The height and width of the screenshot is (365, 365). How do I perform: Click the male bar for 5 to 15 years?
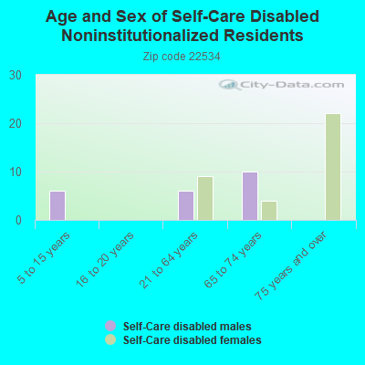57,205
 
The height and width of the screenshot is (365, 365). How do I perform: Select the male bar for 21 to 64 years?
186,205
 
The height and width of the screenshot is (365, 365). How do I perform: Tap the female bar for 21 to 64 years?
205,198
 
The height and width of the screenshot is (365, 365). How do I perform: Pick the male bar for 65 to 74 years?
250,196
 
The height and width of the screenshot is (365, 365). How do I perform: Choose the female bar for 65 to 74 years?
269,211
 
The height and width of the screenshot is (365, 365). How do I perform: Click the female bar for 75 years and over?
333,167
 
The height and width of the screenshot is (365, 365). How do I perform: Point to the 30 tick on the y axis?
16,75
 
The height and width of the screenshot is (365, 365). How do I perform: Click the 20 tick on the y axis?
16,123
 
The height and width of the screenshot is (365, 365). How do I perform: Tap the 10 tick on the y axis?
16,172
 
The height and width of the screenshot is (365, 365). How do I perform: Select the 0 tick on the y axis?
19,220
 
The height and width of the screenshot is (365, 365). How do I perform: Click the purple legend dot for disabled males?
110,326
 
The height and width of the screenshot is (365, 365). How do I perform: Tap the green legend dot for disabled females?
110,339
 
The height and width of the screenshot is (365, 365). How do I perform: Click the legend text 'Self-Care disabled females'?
192,339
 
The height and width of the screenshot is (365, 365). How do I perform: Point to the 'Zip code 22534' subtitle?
182,57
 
